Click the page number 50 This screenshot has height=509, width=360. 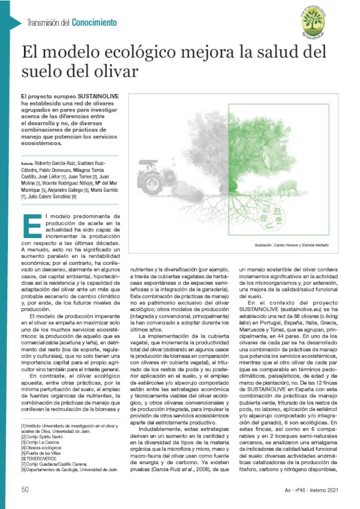tap(25, 489)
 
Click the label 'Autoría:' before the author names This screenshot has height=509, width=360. tap(27, 163)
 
